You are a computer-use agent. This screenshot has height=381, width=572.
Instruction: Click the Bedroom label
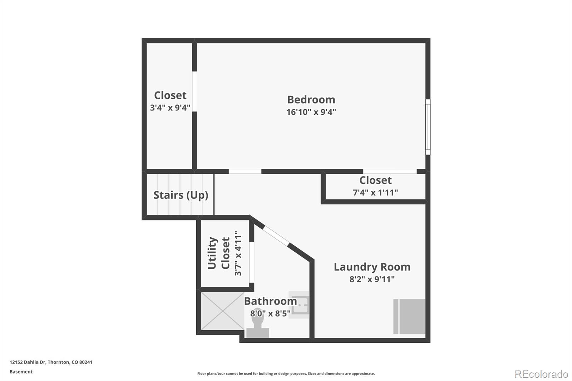(x=311, y=99)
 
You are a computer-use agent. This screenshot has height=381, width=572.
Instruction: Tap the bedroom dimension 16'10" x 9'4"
(x=311, y=112)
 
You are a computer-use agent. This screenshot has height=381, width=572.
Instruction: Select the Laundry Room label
(x=372, y=267)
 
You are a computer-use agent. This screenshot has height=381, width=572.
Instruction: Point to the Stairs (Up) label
(x=181, y=195)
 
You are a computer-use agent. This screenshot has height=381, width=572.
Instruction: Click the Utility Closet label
(x=219, y=253)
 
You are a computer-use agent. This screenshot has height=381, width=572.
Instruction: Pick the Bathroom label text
(x=270, y=301)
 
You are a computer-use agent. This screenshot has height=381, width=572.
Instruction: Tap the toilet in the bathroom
(x=257, y=327)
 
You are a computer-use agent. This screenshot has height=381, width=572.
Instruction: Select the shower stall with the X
(x=222, y=311)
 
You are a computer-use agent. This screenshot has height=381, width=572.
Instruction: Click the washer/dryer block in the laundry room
(x=410, y=317)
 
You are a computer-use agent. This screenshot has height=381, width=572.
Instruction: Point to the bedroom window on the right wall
(x=428, y=127)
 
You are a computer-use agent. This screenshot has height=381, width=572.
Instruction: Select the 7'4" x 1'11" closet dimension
(x=375, y=193)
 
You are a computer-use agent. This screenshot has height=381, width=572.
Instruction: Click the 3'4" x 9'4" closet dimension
(x=170, y=108)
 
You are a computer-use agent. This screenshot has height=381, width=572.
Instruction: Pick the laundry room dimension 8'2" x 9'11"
(x=372, y=279)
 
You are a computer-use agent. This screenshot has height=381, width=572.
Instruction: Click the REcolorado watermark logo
(x=541, y=374)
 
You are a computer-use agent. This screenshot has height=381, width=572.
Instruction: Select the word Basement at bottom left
(x=21, y=372)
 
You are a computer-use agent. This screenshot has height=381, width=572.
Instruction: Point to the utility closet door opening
(x=252, y=262)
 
